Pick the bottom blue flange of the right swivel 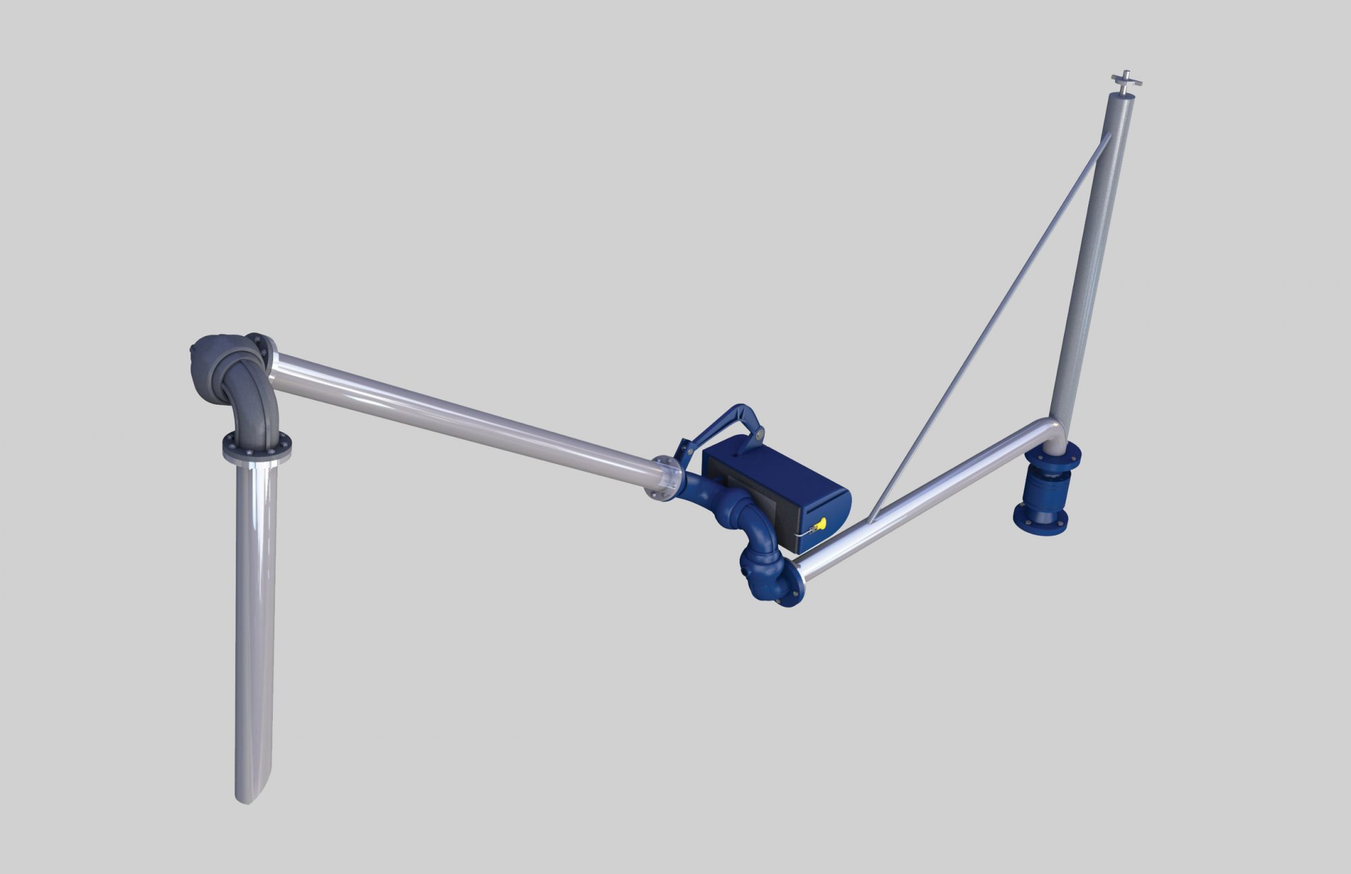[1040, 520]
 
